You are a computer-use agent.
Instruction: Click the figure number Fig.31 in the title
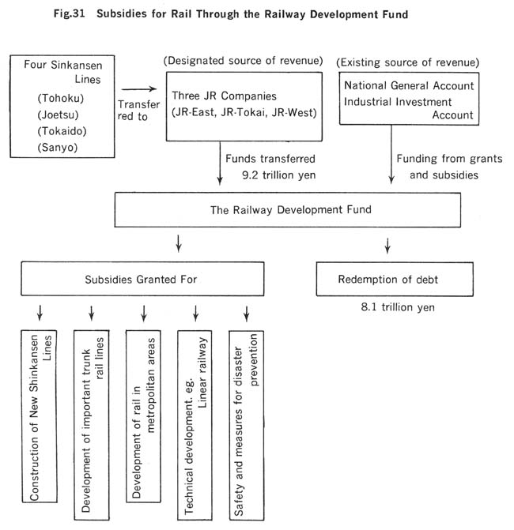click(x=69, y=14)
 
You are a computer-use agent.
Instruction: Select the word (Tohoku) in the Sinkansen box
click(x=61, y=99)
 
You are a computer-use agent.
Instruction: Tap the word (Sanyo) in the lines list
click(x=58, y=148)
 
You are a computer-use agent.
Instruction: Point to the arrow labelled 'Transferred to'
click(x=139, y=89)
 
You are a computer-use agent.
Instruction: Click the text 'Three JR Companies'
click(x=224, y=96)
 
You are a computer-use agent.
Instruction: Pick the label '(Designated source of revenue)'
click(x=243, y=61)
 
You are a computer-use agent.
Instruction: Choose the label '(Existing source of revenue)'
click(x=408, y=62)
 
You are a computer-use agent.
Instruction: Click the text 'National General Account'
click(x=409, y=85)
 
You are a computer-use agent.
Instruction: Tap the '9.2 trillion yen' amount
click(x=279, y=175)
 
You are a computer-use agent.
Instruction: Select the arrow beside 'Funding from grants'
click(x=391, y=154)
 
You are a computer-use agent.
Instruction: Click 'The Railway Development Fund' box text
click(x=291, y=210)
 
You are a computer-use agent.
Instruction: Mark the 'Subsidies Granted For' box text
click(x=141, y=280)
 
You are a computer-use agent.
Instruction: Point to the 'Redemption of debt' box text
click(x=387, y=280)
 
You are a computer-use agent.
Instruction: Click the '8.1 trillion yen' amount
click(x=398, y=307)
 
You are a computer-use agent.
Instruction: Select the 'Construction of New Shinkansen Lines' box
click(x=40, y=416)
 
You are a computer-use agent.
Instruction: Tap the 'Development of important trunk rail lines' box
click(x=92, y=425)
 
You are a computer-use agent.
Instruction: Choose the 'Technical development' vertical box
click(x=195, y=425)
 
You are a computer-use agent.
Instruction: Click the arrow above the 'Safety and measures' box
click(x=247, y=314)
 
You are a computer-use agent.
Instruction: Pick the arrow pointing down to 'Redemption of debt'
click(x=387, y=246)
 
